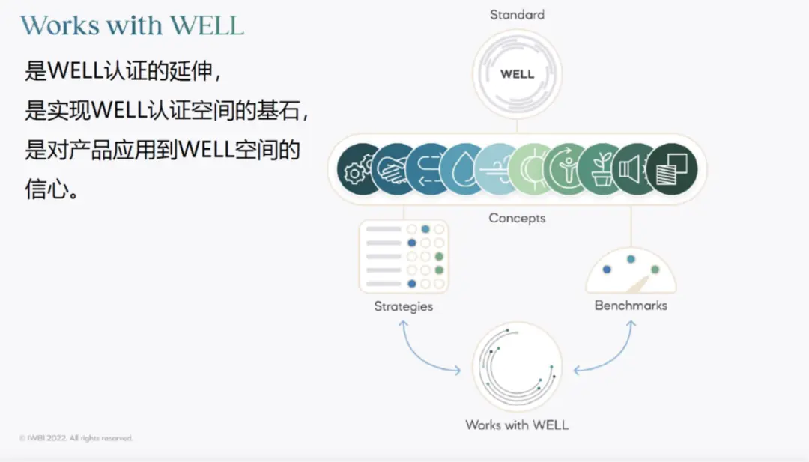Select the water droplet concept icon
[x=459, y=168]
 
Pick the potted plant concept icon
[x=602, y=168]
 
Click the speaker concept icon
[x=635, y=168]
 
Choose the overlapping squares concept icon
[x=671, y=168]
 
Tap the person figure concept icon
[x=566, y=168]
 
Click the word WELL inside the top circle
[x=517, y=74]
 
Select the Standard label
[x=517, y=14]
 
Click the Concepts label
[x=517, y=218]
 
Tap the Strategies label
[x=404, y=306]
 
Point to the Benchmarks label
[x=631, y=306]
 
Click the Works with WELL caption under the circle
[x=517, y=425]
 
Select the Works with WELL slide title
[x=133, y=26]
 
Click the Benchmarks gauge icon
[x=631, y=271]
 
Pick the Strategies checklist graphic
[x=404, y=256]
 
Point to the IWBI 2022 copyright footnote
[x=76, y=438]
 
